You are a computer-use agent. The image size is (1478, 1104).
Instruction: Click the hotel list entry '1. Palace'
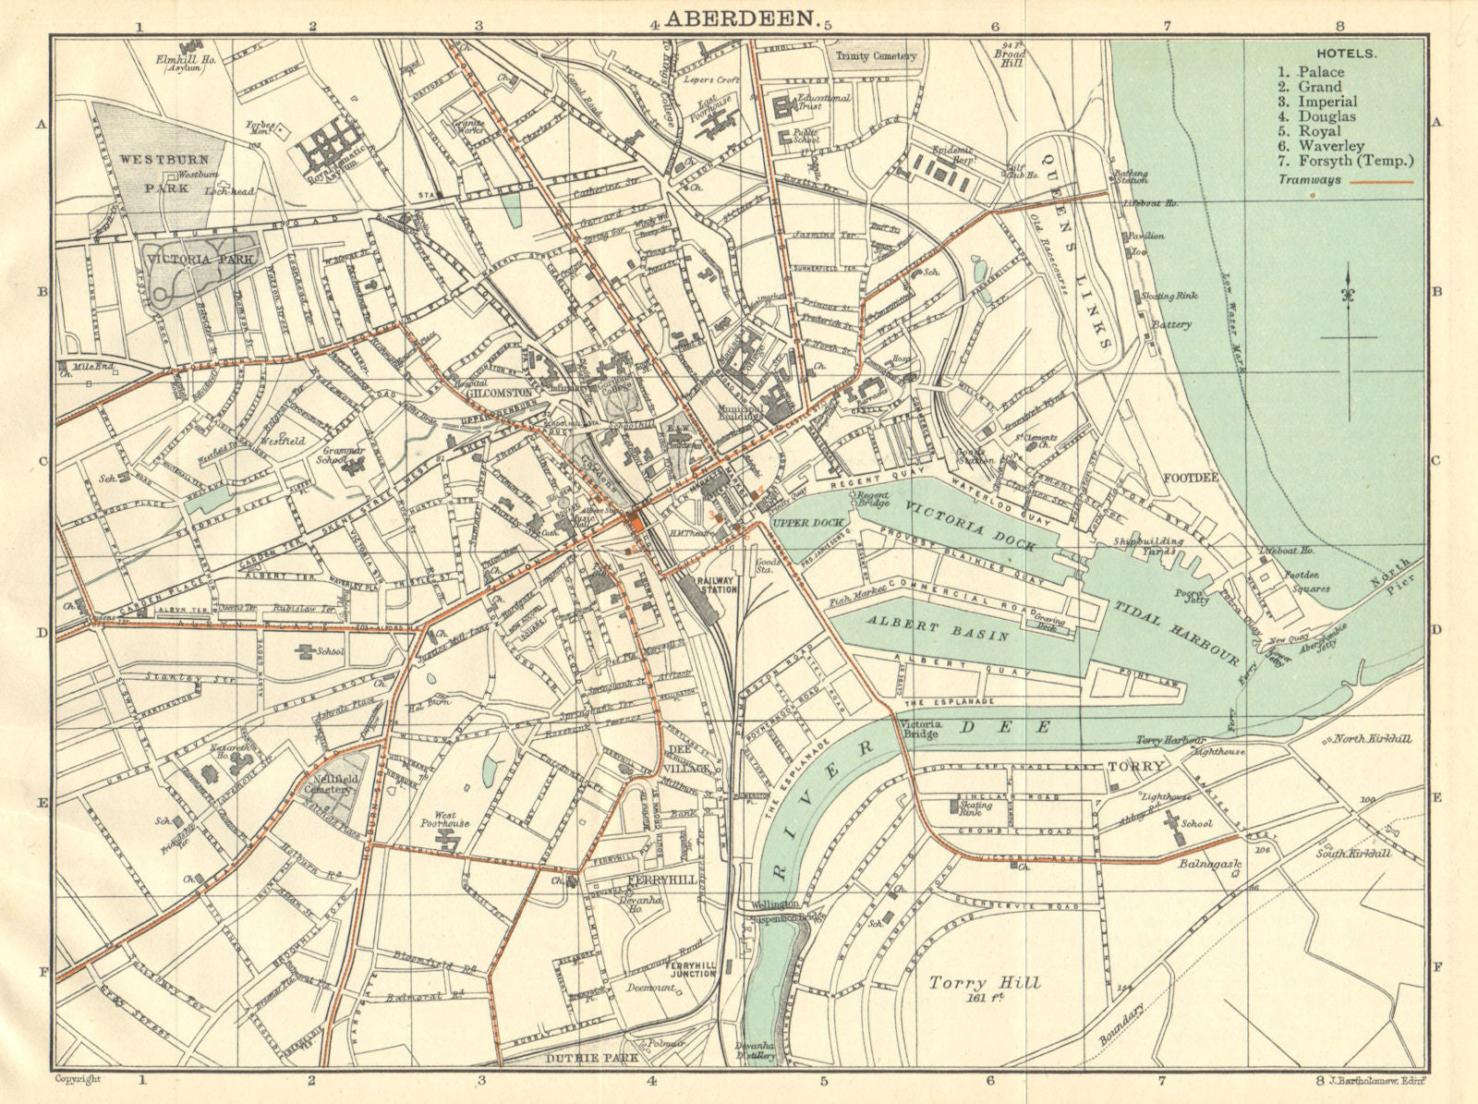point(1311,72)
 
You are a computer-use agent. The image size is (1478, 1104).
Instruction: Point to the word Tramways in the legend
point(1310,180)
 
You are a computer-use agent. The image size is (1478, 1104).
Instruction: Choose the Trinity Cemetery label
point(875,55)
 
